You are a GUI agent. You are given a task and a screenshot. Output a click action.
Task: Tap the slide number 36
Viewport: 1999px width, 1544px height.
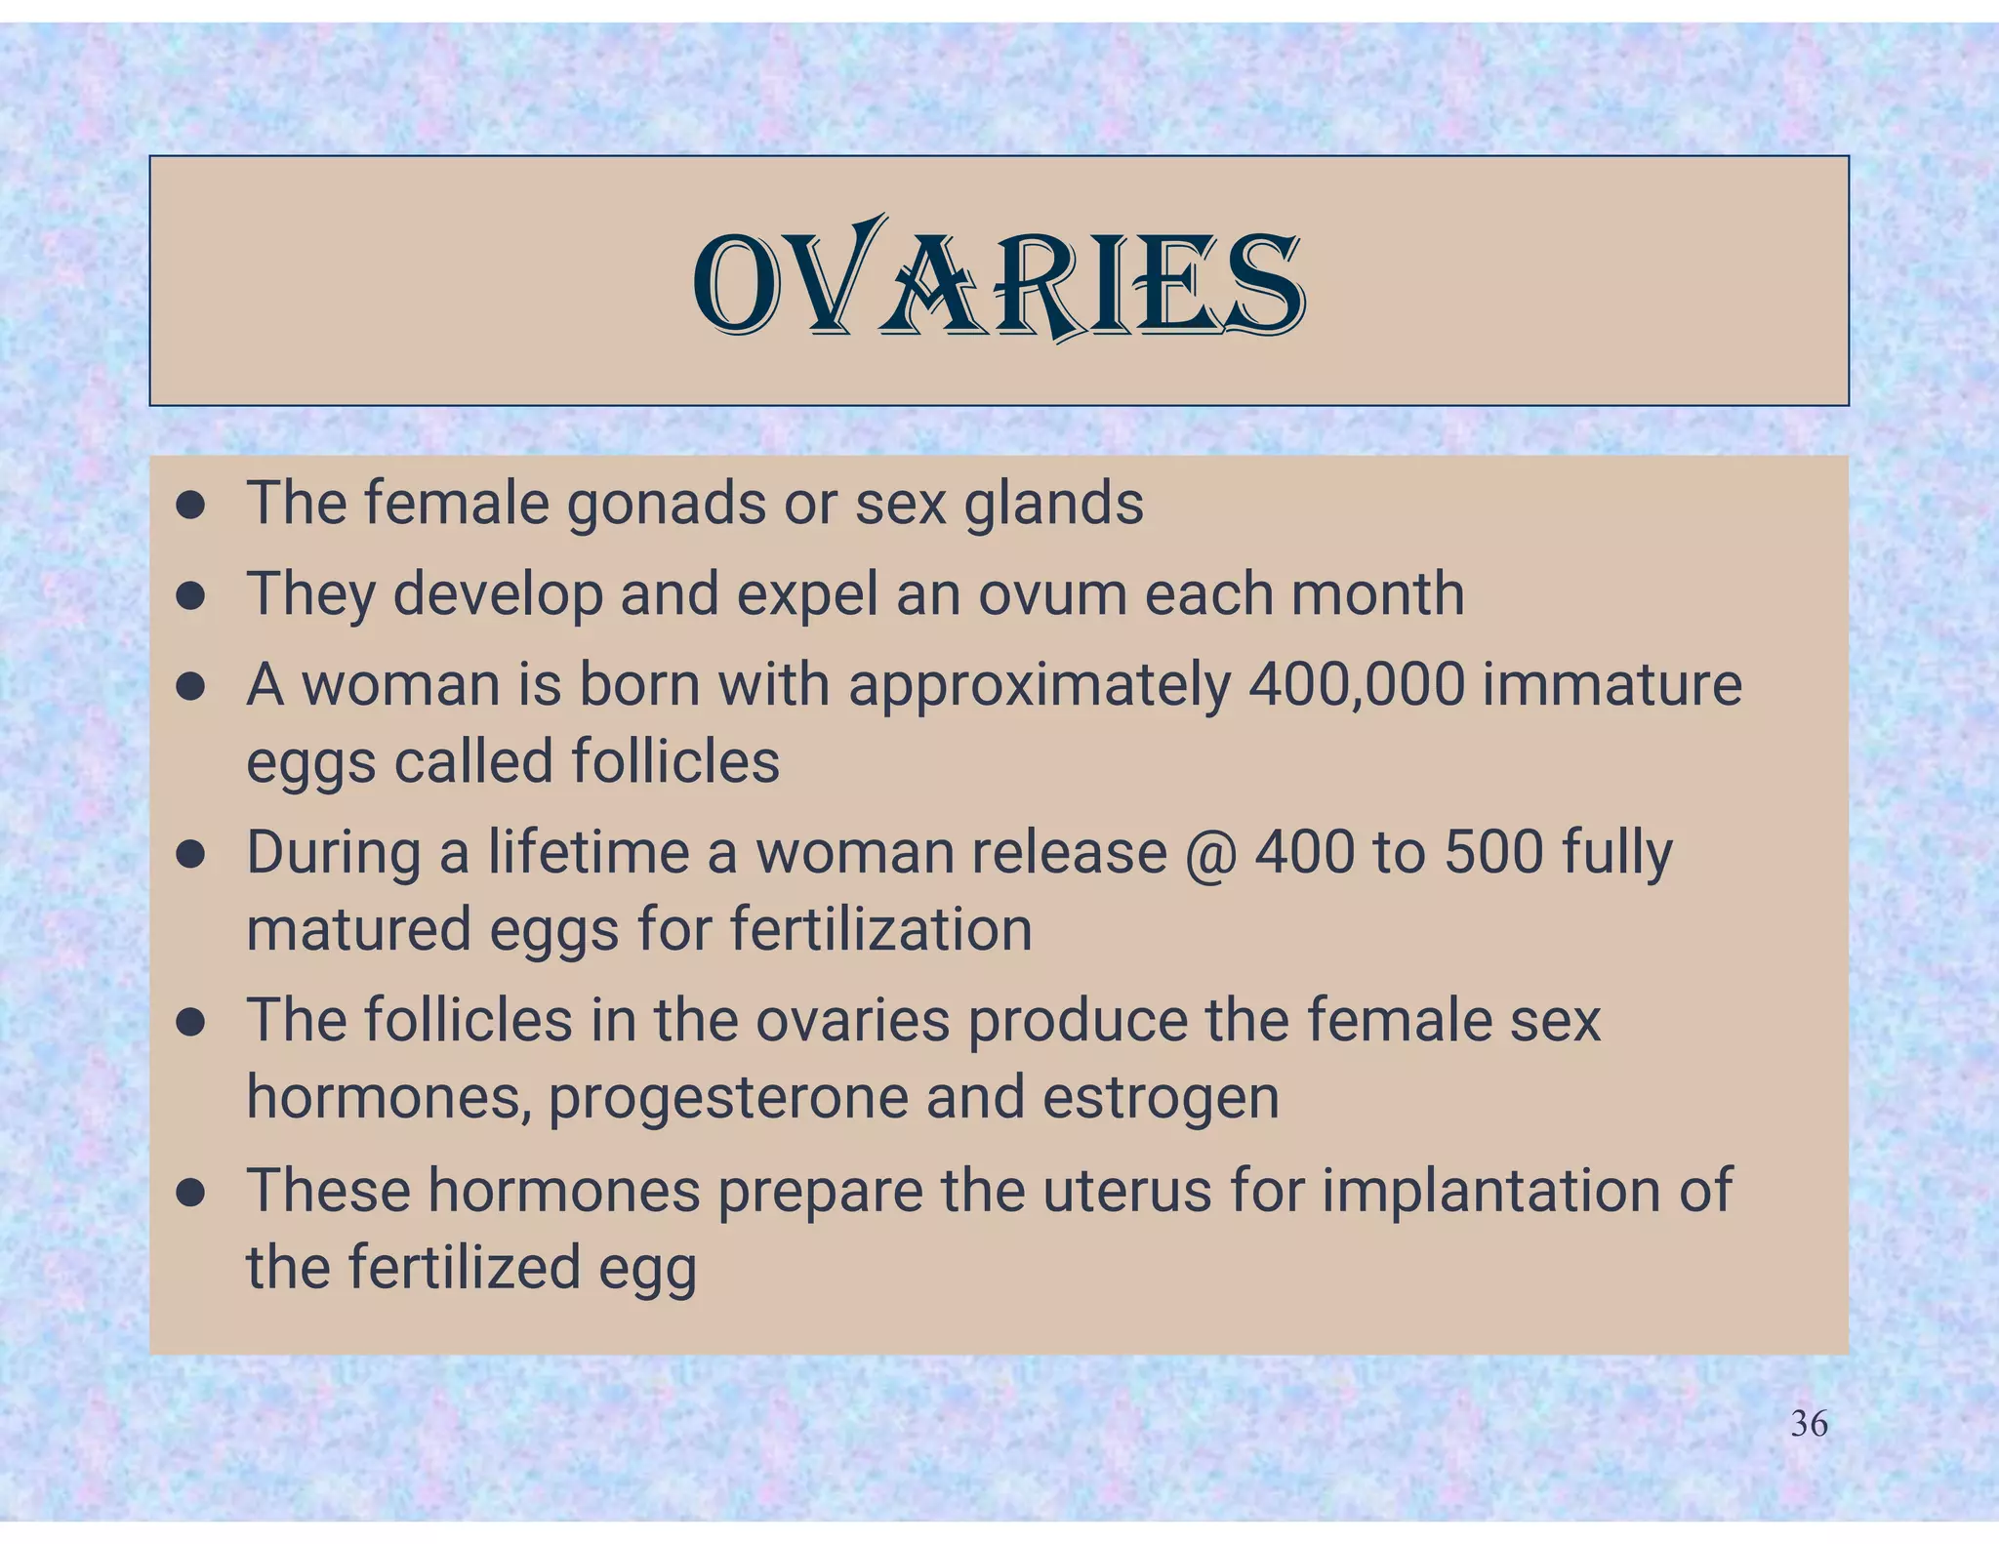tap(1809, 1424)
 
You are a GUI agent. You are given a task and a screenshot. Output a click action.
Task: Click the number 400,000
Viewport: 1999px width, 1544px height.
tap(1356, 684)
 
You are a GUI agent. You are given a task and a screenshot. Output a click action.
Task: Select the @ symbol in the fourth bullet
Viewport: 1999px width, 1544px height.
tap(1210, 853)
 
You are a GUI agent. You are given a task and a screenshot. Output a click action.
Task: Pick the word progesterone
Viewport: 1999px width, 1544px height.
tap(728, 1097)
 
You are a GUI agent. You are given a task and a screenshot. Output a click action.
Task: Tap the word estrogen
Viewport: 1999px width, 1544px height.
tap(1161, 1097)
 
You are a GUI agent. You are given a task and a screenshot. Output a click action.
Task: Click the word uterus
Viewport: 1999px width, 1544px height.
tap(1127, 1190)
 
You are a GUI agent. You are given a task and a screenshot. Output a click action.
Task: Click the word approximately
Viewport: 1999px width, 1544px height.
tap(1040, 685)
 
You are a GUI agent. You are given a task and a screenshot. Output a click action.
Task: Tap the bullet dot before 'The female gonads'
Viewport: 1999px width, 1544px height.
tap(190, 506)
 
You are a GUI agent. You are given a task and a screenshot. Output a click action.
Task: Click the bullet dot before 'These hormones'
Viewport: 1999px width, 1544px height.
tap(190, 1192)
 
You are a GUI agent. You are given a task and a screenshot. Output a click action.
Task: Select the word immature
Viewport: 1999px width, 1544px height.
tap(1611, 684)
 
